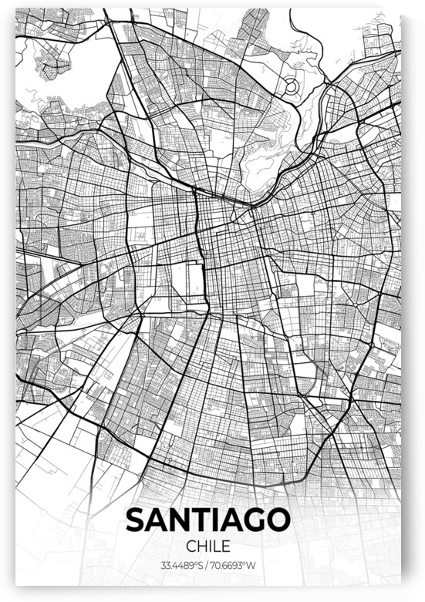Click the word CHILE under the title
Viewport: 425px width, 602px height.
pos(208,547)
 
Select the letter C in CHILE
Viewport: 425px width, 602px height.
pos(191,547)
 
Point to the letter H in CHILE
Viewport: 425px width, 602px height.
pos(201,547)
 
